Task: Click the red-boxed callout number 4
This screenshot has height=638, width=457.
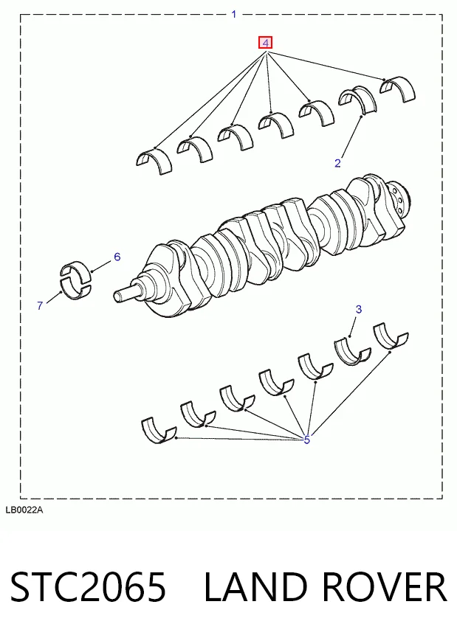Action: coord(265,43)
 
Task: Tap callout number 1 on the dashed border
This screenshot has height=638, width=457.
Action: coord(234,14)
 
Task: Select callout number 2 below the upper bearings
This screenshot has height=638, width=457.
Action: coord(337,163)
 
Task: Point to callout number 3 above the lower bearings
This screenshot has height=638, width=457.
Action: coord(358,309)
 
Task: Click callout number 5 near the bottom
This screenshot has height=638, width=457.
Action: coord(306,440)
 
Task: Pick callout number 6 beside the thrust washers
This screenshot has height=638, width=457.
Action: coord(117,257)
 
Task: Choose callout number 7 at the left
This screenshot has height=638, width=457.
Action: coord(40,305)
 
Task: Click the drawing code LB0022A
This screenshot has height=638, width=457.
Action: coord(24,510)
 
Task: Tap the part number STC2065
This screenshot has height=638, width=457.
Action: coord(88,586)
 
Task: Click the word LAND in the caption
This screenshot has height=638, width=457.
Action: coord(255,586)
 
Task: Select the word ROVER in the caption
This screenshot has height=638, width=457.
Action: coord(385,586)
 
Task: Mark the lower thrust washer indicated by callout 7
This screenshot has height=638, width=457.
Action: coord(77,290)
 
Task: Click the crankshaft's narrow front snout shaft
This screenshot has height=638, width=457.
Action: coord(127,294)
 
